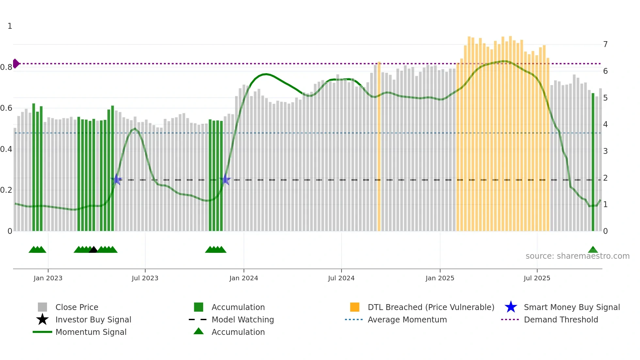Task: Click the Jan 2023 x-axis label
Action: pos(48,278)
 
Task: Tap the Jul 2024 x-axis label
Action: pos(341,278)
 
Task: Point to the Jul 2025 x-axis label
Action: pos(537,278)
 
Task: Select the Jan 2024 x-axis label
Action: pos(244,278)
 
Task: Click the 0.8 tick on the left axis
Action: pos(6,67)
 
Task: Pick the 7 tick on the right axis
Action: pos(605,44)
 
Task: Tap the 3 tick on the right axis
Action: pos(605,151)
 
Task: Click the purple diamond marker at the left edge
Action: pos(16,63)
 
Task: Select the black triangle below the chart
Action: pos(93,250)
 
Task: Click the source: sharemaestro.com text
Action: pos(577,256)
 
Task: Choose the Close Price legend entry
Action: pos(77,307)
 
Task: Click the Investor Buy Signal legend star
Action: pos(42,319)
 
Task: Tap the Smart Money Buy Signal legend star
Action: pos(511,307)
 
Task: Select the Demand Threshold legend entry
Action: pos(561,320)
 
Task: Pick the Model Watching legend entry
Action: pos(243,320)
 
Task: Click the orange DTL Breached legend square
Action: pos(355,307)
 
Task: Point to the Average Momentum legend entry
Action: pos(407,320)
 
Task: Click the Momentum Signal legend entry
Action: pos(91,332)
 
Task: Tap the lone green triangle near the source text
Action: pos(593,250)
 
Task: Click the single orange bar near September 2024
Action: pos(379,147)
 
